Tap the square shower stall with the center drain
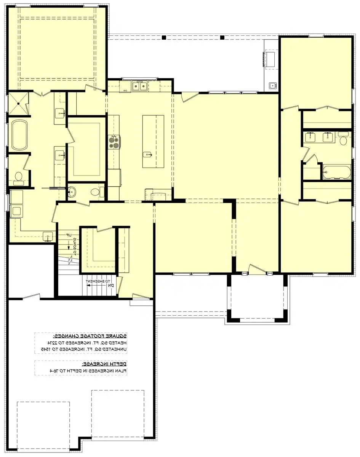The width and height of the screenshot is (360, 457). [18, 103]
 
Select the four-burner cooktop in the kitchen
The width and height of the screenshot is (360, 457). [114, 142]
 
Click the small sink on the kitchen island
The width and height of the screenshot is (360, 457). [147, 154]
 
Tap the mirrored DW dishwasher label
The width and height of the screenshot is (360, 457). [125, 91]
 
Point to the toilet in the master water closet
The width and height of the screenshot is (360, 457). [18, 177]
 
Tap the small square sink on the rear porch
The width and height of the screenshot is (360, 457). [272, 85]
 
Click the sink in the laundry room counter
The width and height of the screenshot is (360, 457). [48, 236]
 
